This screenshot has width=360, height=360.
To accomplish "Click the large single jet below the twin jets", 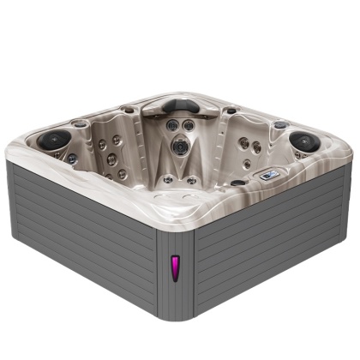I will pos(180,147).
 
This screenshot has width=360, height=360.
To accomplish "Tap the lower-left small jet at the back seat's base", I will pos(169,179).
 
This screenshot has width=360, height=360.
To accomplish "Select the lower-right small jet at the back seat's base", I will pos(192,180).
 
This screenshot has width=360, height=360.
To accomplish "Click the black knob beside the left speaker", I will pos(80,124).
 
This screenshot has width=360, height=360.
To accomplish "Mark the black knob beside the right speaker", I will pos(279,125).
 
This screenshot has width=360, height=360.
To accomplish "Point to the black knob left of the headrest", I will pos(129,110).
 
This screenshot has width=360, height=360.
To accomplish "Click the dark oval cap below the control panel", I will pos(237,183).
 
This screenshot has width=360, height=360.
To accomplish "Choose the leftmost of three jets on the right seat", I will pos(243,142).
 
